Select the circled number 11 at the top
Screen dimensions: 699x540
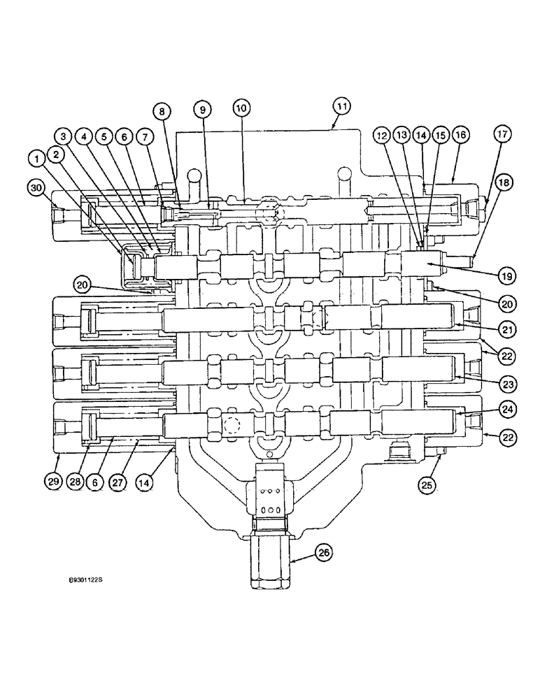click(341, 107)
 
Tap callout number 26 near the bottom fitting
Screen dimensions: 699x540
click(324, 553)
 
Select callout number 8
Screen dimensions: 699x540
click(162, 110)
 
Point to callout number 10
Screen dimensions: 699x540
click(240, 108)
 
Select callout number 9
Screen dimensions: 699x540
click(201, 110)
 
